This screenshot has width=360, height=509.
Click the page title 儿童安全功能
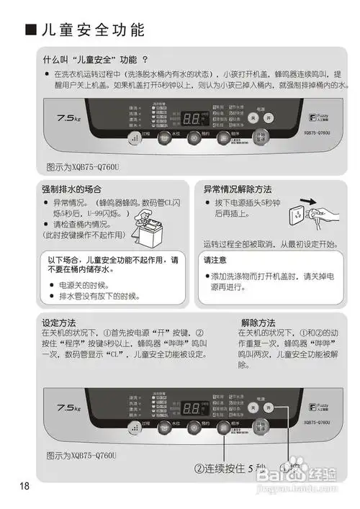(92, 30)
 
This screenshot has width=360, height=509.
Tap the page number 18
(26, 486)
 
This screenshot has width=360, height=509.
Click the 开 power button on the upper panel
(268, 117)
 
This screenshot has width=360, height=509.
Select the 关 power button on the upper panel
(253, 117)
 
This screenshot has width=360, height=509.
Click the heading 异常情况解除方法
(238, 189)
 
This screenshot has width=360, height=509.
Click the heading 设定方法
(59, 323)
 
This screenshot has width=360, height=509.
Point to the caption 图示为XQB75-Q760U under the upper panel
(81, 166)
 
